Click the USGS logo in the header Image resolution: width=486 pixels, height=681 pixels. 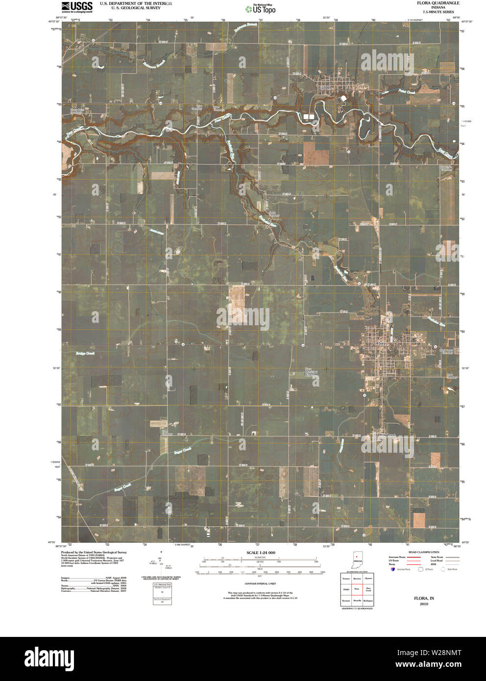tap(77, 6)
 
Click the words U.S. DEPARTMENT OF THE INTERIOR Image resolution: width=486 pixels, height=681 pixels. tap(136, 3)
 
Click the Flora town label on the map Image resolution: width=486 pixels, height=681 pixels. tap(381, 344)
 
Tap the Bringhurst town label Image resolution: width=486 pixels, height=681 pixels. tap(387, 435)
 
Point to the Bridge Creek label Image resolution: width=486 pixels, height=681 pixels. tap(84, 353)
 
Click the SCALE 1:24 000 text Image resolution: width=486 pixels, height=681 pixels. tap(260, 553)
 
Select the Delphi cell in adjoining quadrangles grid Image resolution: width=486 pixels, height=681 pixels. tap(346, 589)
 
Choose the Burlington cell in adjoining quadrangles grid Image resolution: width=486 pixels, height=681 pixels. tap(368, 601)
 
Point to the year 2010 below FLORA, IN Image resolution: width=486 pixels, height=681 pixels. tap(423, 604)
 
